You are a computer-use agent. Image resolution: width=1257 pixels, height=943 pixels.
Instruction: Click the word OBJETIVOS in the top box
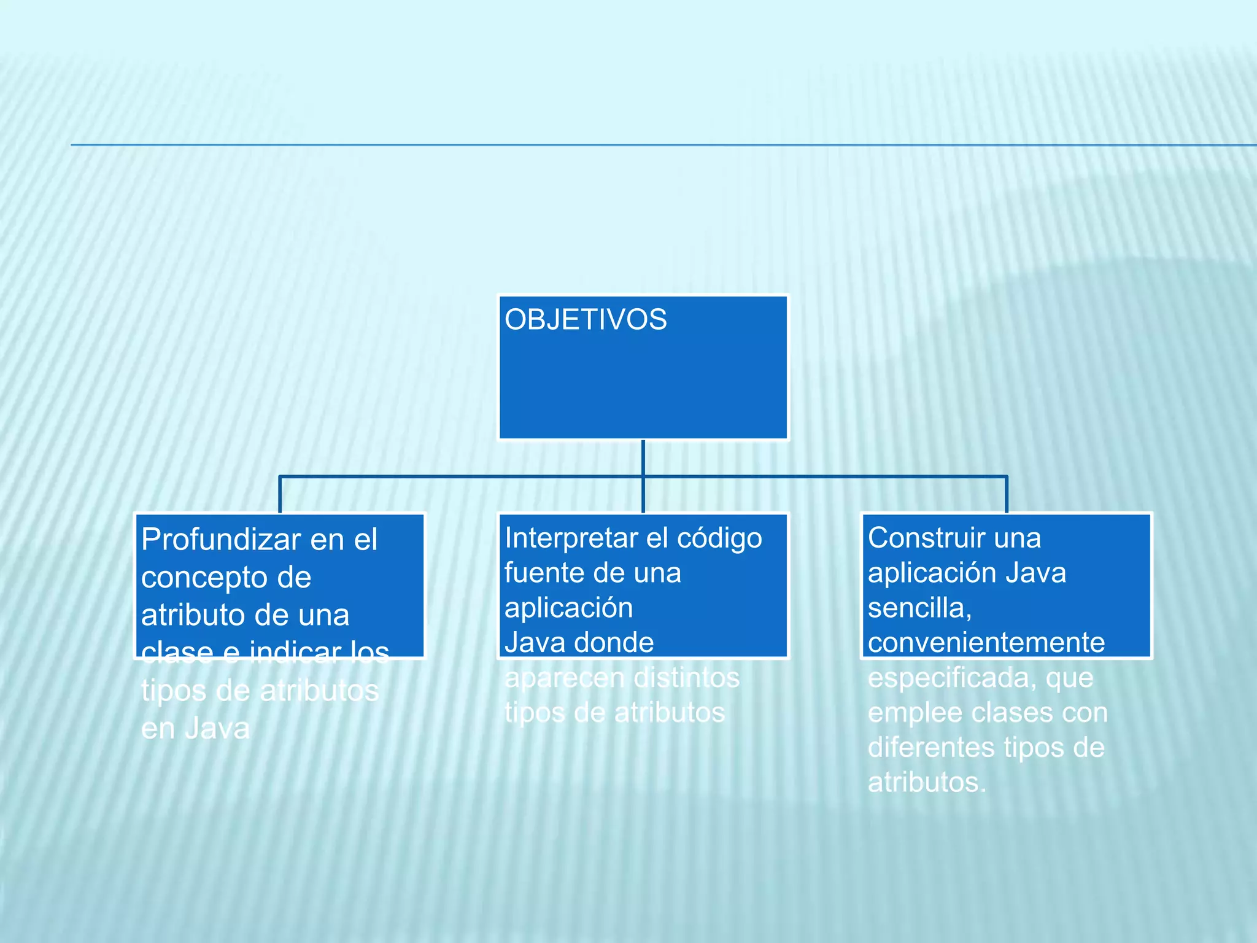click(x=585, y=320)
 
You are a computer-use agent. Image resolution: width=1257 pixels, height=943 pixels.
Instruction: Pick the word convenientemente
click(x=986, y=643)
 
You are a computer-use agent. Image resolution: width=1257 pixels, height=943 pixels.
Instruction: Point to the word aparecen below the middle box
click(x=563, y=678)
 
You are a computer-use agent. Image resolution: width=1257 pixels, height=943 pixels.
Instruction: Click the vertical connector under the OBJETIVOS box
click(x=643, y=457)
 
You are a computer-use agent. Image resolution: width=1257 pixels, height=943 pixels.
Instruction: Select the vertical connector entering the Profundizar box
click(x=280, y=495)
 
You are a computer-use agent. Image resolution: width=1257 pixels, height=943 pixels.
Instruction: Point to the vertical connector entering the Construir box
click(x=1007, y=495)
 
